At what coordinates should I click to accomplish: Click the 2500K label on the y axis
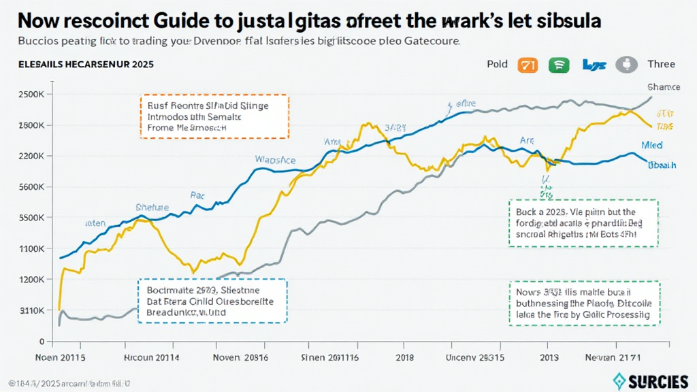point(31,95)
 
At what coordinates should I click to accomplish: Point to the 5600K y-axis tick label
point(31,187)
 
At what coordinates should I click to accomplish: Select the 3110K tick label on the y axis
point(31,310)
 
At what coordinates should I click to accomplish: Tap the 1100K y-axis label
point(31,249)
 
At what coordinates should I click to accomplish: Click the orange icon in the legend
point(528,65)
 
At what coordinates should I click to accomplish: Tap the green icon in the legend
point(559,65)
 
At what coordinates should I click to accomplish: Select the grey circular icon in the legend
point(625,65)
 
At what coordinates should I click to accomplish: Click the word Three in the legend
point(661,65)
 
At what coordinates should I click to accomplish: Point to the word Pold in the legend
point(497,65)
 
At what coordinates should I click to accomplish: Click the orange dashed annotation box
point(214,116)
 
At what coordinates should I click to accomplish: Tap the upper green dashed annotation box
point(583,223)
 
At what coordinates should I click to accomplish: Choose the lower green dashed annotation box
point(583,304)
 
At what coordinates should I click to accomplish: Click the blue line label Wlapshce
point(275,159)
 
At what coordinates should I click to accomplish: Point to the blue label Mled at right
point(652,145)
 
